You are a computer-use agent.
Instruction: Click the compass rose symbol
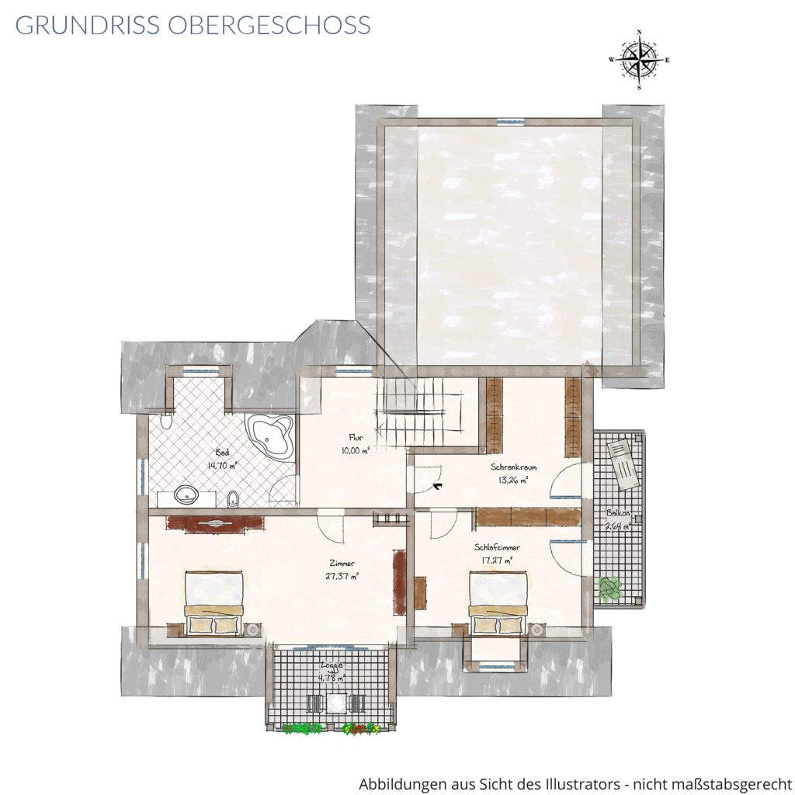(639, 60)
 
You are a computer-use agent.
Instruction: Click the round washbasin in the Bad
(187, 494)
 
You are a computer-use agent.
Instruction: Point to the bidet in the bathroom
(233, 498)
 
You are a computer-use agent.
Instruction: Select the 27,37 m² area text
(342, 576)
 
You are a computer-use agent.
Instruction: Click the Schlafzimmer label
(497, 547)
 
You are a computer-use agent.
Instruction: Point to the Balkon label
(618, 513)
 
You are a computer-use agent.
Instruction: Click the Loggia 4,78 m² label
(332, 672)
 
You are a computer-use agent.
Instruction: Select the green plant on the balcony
(610, 588)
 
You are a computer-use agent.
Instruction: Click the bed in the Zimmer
(214, 603)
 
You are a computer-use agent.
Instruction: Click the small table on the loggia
(335, 703)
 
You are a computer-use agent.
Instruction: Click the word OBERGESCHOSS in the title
(269, 25)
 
